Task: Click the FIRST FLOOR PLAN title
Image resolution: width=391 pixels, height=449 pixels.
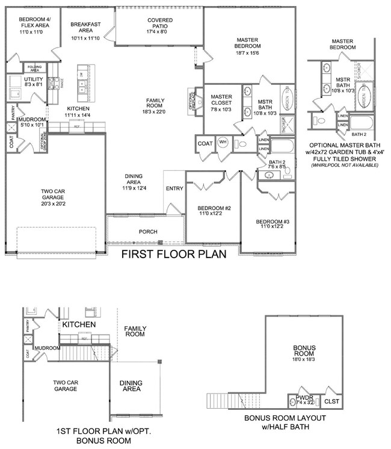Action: click(x=174, y=254)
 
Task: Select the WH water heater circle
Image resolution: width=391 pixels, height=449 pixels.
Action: click(x=223, y=143)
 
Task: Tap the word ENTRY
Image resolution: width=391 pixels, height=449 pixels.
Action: click(x=174, y=188)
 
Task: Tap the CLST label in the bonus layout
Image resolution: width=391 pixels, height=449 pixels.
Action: click(x=331, y=400)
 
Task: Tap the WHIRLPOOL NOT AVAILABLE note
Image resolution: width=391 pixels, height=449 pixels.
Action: click(x=345, y=164)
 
